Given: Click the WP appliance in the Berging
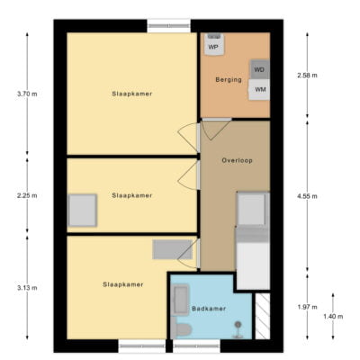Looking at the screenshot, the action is pos(214,44).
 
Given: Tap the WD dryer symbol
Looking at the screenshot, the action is pos(259,69).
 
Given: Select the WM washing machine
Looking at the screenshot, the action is pos(259,89).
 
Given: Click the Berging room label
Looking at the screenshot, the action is pos(229,80).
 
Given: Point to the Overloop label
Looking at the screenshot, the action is pos(237,160).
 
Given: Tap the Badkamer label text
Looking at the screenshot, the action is pos(209,309).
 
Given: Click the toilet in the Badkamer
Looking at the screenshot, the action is pos(181,328).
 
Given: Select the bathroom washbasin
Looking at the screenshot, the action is pos(181,300).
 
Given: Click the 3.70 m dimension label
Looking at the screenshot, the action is pos(27,94).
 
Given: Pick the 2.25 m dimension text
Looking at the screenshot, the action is pos(27,196).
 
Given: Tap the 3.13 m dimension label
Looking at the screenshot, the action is pos(27,288).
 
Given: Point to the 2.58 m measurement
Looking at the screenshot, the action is pos(307,76).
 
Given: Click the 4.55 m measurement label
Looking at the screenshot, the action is pos(307,196).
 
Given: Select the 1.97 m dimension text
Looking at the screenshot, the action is pos(307,307).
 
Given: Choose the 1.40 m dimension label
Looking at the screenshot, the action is pos(333,317).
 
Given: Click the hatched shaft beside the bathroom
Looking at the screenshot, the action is pos(263,316).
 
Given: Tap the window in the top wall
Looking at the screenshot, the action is pos(169,26).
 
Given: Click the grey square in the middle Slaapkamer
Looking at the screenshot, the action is pos(83,211).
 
